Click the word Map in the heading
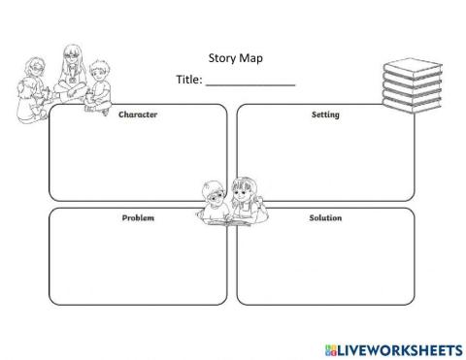pos(251,58)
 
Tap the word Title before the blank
pos(187,80)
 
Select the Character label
pos(138,115)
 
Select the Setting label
pos(325,115)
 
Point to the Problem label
pos(138,217)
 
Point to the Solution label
pos(325,217)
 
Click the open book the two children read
pos(223,222)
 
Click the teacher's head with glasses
pos(70,55)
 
